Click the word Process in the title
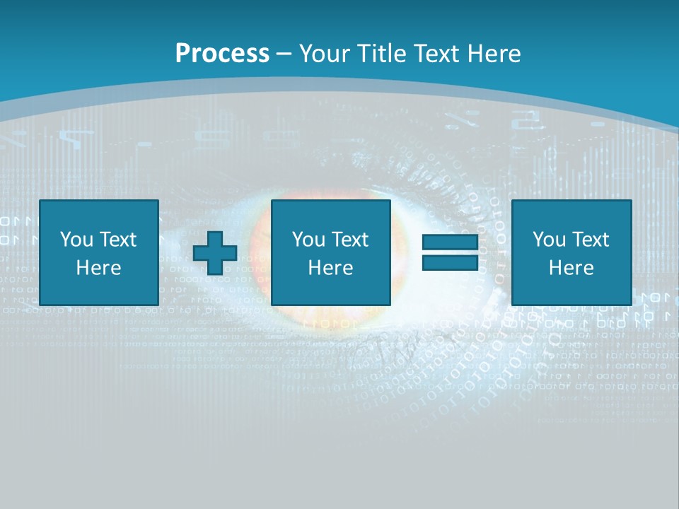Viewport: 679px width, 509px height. pyautogui.click(x=222, y=53)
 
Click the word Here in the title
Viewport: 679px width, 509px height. pyautogui.click(x=495, y=53)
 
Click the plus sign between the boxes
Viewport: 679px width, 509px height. pyautogui.click(x=215, y=253)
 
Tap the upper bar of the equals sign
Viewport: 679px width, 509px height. pyautogui.click(x=450, y=242)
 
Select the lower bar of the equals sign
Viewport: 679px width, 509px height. pyautogui.click(x=450, y=262)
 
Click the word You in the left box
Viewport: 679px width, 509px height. pyautogui.click(x=76, y=240)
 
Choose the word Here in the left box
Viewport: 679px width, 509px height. pyautogui.click(x=98, y=268)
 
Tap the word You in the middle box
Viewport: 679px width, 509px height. pyautogui.click(x=308, y=240)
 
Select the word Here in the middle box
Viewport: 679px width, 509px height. pyautogui.click(x=330, y=268)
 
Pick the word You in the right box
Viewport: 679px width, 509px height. pyautogui.click(x=548, y=240)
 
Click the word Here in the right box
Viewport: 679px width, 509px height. pyautogui.click(x=571, y=268)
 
